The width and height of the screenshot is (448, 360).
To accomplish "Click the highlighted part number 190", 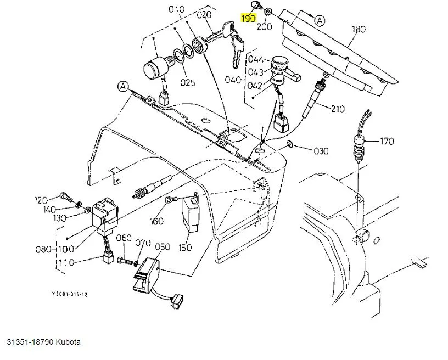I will coord(249,19).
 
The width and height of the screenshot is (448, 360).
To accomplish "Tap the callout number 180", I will coord(358,29).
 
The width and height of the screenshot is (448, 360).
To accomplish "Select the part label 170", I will coord(387,142).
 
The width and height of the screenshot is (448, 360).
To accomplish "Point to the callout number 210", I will coord(338,109).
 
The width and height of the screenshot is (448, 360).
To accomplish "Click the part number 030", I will coord(321,150).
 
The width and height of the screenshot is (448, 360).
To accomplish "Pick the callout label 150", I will coord(185,248).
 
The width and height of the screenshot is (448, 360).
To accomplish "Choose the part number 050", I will coord(163,247).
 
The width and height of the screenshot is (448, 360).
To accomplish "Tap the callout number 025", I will coord(188,83).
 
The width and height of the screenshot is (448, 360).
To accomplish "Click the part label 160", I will coord(157,221).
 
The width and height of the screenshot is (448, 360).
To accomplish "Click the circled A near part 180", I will coord(320,20).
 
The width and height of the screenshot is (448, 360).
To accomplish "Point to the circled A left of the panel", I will coord(122,86).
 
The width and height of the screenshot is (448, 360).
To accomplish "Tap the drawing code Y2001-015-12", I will coord(70,294).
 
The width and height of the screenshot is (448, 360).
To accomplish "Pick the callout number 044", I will coord(256,59).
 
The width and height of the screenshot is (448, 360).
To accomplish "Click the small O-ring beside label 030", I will coord(290,145).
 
